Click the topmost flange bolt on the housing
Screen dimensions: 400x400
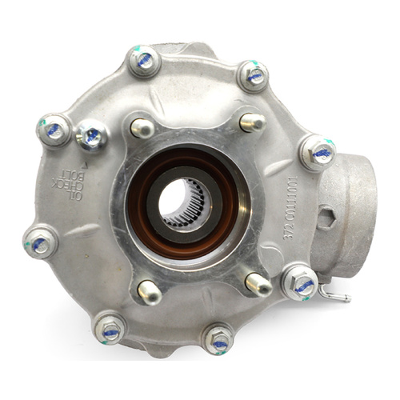pyautogui.click(x=144, y=61)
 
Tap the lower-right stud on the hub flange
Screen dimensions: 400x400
pyautogui.click(x=258, y=284)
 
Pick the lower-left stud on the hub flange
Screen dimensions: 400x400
pyautogui.click(x=150, y=291)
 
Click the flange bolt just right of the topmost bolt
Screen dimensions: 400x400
pyautogui.click(x=254, y=75)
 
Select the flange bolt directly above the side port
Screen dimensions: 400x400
pyautogui.click(x=318, y=151)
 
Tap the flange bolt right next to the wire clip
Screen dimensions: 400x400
pyautogui.click(x=301, y=282)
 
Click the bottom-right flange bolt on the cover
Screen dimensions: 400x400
pyautogui.click(x=218, y=338)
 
